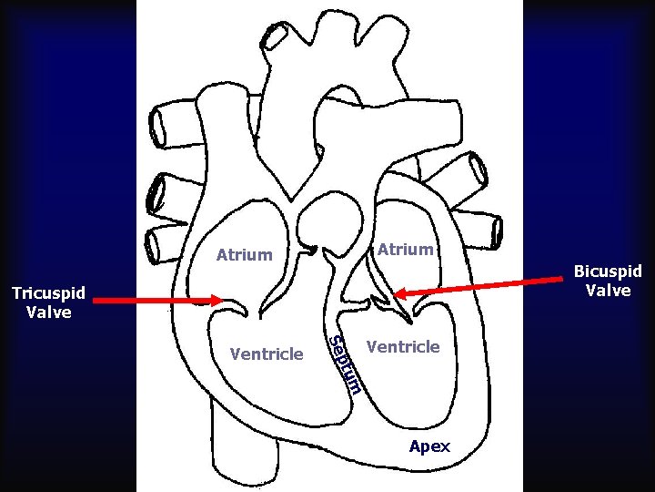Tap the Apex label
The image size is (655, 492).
(429, 446)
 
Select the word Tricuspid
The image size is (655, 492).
(47, 293)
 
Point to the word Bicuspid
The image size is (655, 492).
(607, 272)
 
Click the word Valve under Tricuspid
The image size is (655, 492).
(49, 312)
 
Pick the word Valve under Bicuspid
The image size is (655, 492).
(607, 291)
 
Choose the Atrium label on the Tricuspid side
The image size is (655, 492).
(244, 255)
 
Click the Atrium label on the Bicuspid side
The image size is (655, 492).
(405, 249)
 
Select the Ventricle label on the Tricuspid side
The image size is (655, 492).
(267, 354)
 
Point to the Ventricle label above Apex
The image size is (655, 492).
(402, 346)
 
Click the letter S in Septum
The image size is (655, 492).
(335, 342)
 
